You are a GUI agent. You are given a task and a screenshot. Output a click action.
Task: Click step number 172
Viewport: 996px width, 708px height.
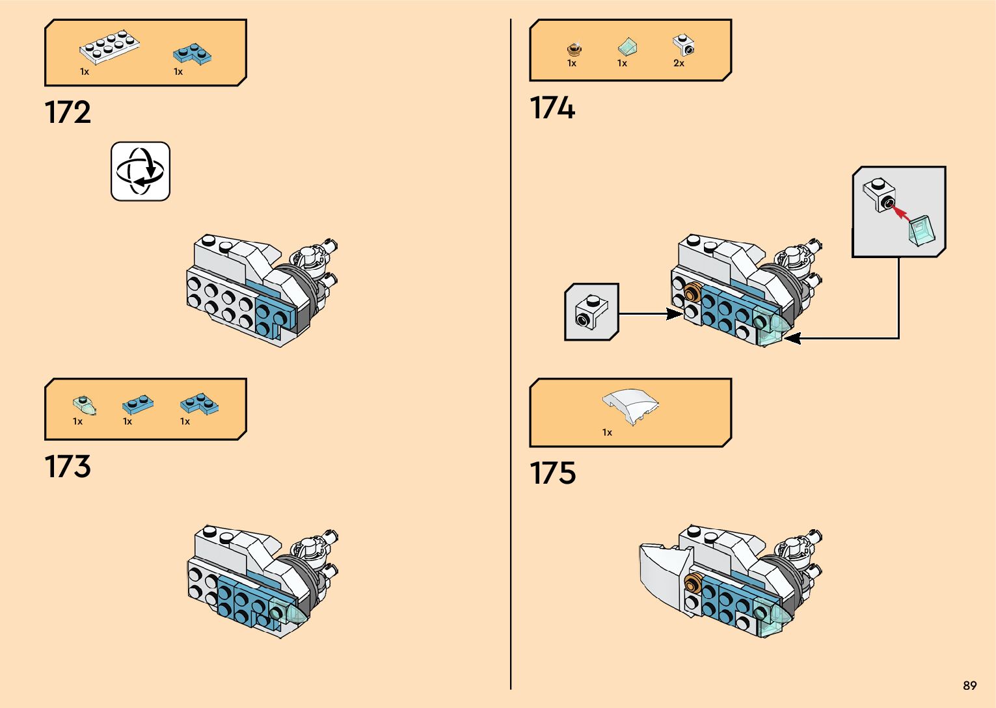pyautogui.click(x=68, y=112)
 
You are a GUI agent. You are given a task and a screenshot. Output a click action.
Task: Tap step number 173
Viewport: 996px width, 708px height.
pyautogui.click(x=68, y=467)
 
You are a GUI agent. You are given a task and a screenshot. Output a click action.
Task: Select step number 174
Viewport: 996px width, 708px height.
pyautogui.click(x=552, y=108)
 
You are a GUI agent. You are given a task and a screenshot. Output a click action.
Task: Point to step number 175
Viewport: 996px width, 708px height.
pyautogui.click(x=552, y=473)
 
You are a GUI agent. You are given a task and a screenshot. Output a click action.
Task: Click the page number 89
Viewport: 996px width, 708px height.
pyautogui.click(x=969, y=686)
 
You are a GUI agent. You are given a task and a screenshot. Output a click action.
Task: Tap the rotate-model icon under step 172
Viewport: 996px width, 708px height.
pyautogui.click(x=141, y=172)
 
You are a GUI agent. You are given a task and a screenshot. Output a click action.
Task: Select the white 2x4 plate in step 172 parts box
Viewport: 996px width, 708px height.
pyautogui.click(x=109, y=47)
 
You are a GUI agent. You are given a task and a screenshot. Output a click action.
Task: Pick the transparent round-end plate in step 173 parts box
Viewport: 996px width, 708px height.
pyautogui.click(x=85, y=405)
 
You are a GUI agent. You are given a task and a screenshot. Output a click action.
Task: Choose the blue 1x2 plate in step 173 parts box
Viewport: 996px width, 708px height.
pyautogui.click(x=138, y=405)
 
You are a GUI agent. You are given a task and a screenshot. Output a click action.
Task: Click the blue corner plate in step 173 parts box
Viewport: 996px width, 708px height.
pyautogui.click(x=199, y=404)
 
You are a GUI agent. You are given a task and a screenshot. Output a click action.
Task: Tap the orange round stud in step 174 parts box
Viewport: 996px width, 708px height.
pyautogui.click(x=574, y=48)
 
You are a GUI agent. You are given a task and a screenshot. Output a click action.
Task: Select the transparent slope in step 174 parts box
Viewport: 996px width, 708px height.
pyautogui.click(x=626, y=46)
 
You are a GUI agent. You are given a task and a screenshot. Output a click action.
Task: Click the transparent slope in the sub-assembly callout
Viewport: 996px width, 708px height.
pyautogui.click(x=922, y=230)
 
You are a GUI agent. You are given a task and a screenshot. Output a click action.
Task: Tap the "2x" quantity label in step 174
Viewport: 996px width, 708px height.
pyautogui.click(x=679, y=63)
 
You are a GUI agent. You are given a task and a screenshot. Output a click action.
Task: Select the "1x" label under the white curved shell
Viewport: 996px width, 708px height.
pyautogui.click(x=607, y=432)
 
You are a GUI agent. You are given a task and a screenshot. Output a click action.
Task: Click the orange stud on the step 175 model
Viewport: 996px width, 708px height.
pyautogui.click(x=693, y=583)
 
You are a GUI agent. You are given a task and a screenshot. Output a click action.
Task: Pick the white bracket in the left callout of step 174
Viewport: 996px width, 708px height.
pyautogui.click(x=590, y=312)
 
